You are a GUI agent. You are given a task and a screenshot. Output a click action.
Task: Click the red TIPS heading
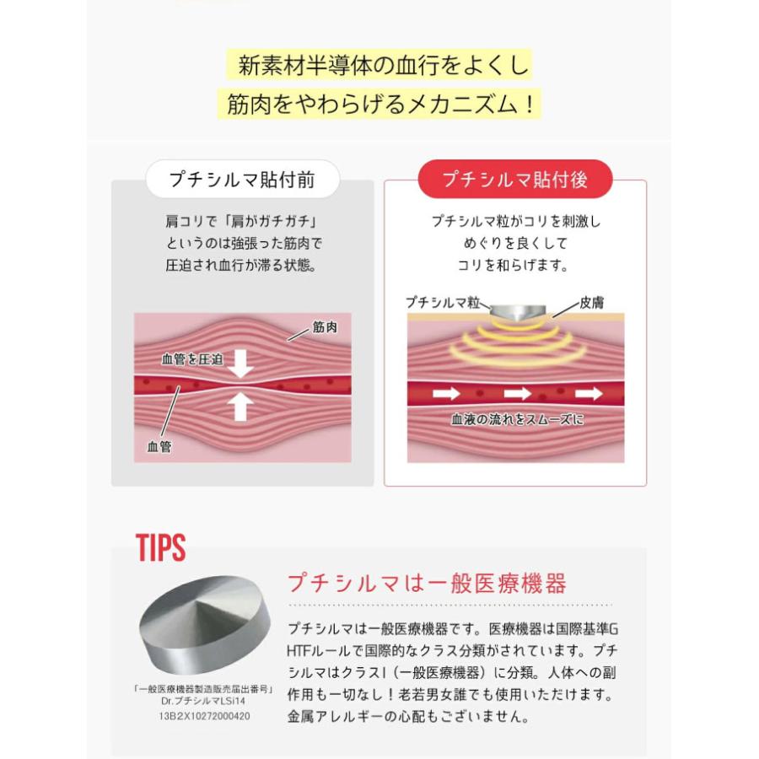click(x=161, y=547)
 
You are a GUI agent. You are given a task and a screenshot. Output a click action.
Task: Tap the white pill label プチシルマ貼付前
click(x=243, y=180)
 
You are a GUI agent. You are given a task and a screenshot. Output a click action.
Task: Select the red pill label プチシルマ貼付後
click(x=515, y=179)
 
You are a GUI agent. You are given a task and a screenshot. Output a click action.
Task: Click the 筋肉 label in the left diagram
click(x=325, y=327)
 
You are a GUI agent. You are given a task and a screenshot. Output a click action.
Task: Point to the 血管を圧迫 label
click(x=192, y=359)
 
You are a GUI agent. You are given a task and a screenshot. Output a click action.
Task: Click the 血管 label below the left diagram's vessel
click(x=159, y=446)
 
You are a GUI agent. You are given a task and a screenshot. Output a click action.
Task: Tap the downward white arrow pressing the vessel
click(x=240, y=363)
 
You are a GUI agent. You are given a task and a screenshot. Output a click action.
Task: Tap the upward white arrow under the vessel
click(x=240, y=406)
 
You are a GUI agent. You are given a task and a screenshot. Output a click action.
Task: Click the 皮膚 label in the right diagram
click(x=591, y=303)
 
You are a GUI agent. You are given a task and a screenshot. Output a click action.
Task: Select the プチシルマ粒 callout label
click(x=443, y=303)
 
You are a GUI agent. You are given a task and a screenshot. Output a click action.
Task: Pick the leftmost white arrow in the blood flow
click(x=446, y=394)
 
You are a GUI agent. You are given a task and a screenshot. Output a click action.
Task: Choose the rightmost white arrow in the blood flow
click(x=589, y=394)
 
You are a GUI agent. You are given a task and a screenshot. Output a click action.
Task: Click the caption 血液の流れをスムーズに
click(x=518, y=419)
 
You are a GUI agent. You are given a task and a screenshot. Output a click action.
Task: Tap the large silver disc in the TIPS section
click(x=205, y=624)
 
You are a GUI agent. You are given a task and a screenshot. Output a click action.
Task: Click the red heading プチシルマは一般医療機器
click(x=427, y=584)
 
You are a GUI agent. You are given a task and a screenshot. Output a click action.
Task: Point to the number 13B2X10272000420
click(x=204, y=716)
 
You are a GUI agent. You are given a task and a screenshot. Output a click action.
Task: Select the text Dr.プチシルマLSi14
click(x=203, y=701)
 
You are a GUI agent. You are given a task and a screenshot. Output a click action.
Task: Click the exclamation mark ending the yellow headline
click(x=530, y=104)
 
